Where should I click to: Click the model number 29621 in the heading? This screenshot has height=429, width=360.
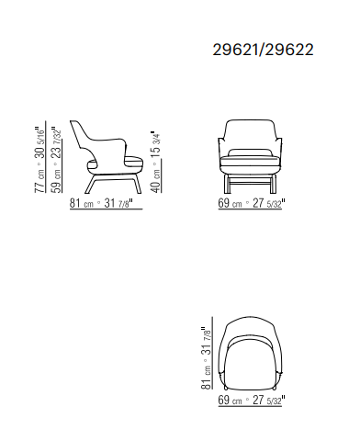235,50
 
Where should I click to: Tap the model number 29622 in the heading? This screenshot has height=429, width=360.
289,50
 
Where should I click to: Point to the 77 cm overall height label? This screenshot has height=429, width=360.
39,181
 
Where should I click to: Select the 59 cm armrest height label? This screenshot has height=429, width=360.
57,181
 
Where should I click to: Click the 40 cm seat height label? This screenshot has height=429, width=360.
156,181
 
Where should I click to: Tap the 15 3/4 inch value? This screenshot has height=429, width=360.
156,145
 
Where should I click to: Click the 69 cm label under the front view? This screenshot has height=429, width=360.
230,203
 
